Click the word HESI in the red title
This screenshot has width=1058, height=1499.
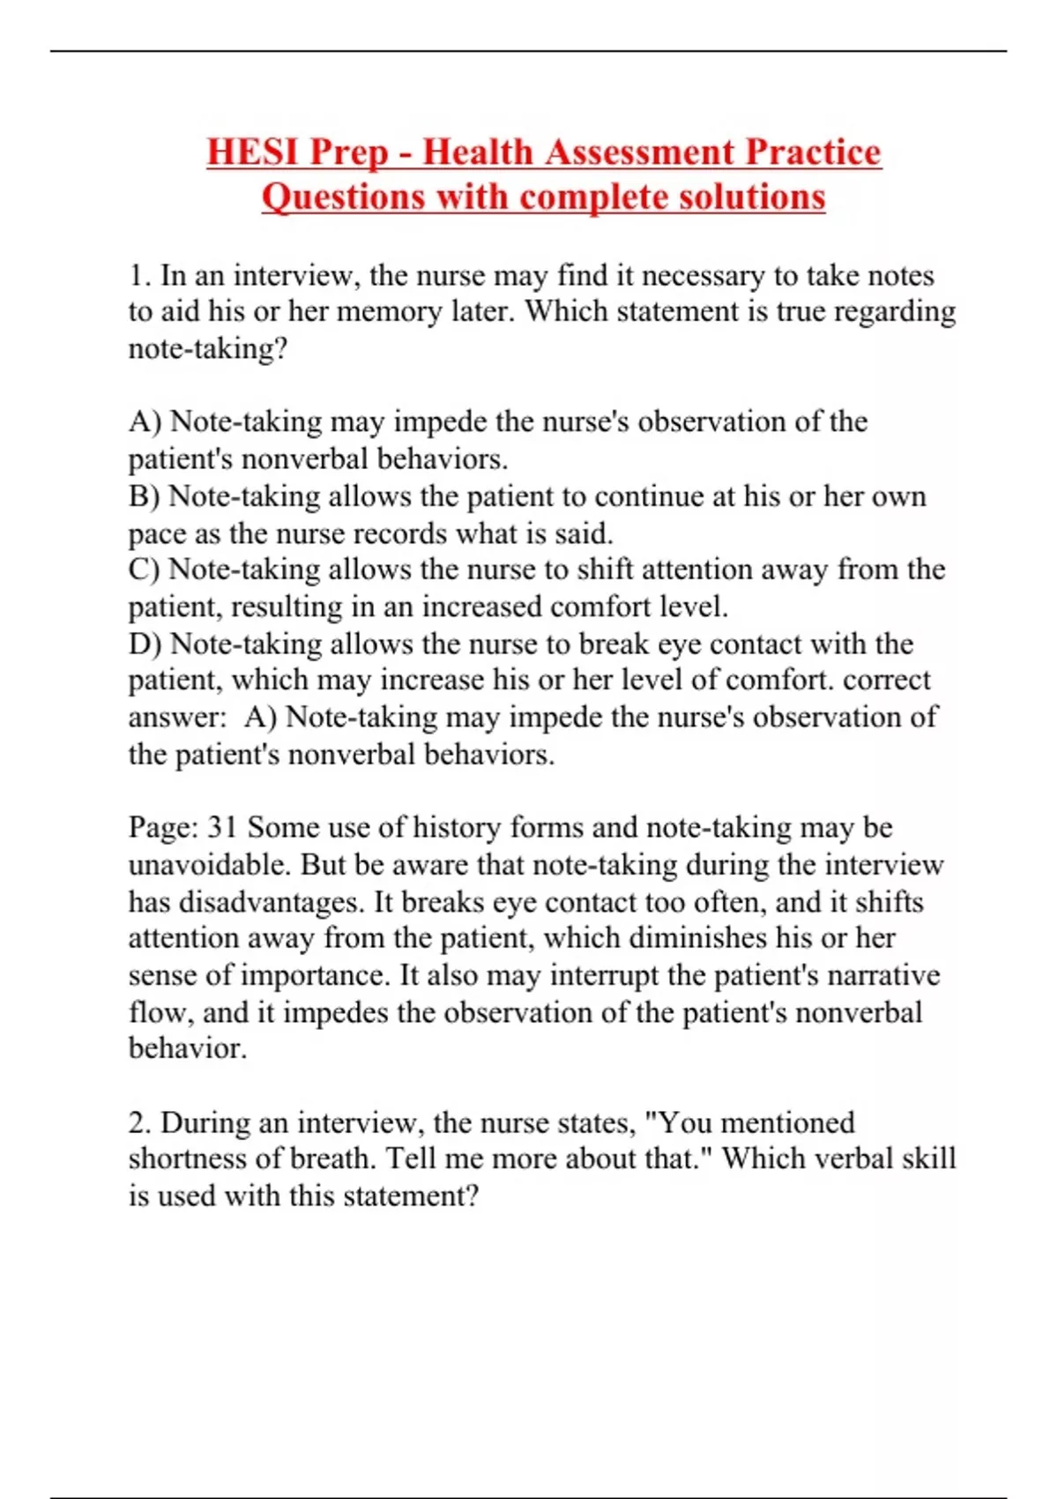(252, 152)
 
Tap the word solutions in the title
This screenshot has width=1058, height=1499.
(751, 196)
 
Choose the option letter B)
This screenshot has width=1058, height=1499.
(145, 496)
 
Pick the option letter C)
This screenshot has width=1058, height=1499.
(145, 570)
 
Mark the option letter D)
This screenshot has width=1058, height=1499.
(145, 644)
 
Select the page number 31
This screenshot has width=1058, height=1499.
(222, 827)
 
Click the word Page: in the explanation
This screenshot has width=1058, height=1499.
(163, 827)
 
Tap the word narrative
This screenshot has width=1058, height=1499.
(883, 975)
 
